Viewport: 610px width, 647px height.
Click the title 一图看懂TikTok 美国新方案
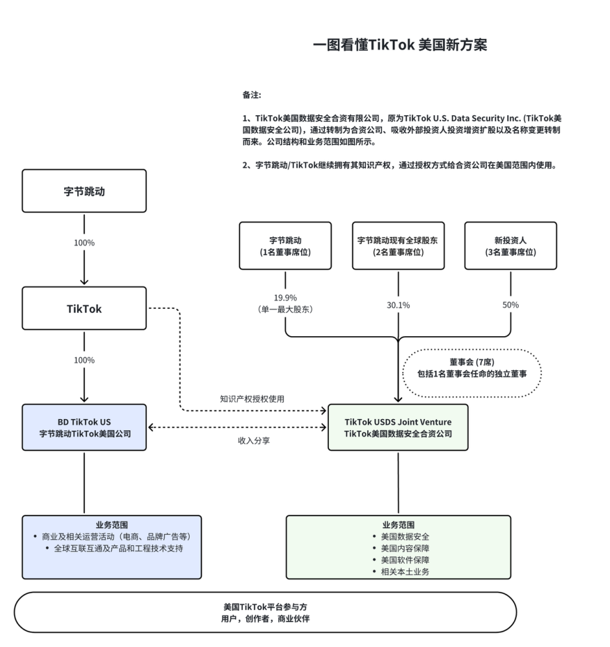click(400, 45)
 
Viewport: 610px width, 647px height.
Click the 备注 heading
click(252, 95)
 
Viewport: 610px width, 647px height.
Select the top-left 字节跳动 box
click(84, 191)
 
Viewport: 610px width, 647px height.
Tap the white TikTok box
click(84, 309)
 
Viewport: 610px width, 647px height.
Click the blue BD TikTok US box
click(84, 427)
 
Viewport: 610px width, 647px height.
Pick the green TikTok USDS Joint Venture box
click(398, 427)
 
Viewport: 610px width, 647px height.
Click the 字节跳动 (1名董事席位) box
click(286, 245)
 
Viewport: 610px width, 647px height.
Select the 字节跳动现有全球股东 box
click(398, 245)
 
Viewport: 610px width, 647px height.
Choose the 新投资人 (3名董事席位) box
click(511, 245)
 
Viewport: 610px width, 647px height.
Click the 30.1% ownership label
click(398, 305)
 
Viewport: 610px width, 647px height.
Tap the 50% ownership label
click(511, 305)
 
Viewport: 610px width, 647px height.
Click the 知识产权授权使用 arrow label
click(252, 399)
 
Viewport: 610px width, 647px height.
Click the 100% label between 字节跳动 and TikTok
click(84, 243)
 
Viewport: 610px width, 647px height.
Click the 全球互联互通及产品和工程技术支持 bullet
click(115, 549)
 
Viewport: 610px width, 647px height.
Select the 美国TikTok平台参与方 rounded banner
click(265, 612)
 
